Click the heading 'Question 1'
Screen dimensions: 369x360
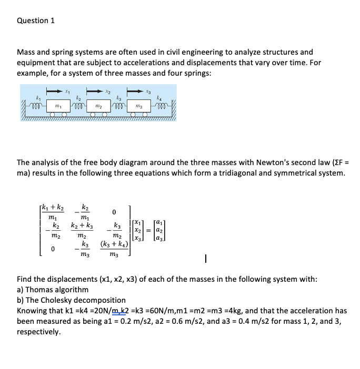point(36,21)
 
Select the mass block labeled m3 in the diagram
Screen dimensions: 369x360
point(144,107)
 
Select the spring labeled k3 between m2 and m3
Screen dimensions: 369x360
point(122,107)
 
